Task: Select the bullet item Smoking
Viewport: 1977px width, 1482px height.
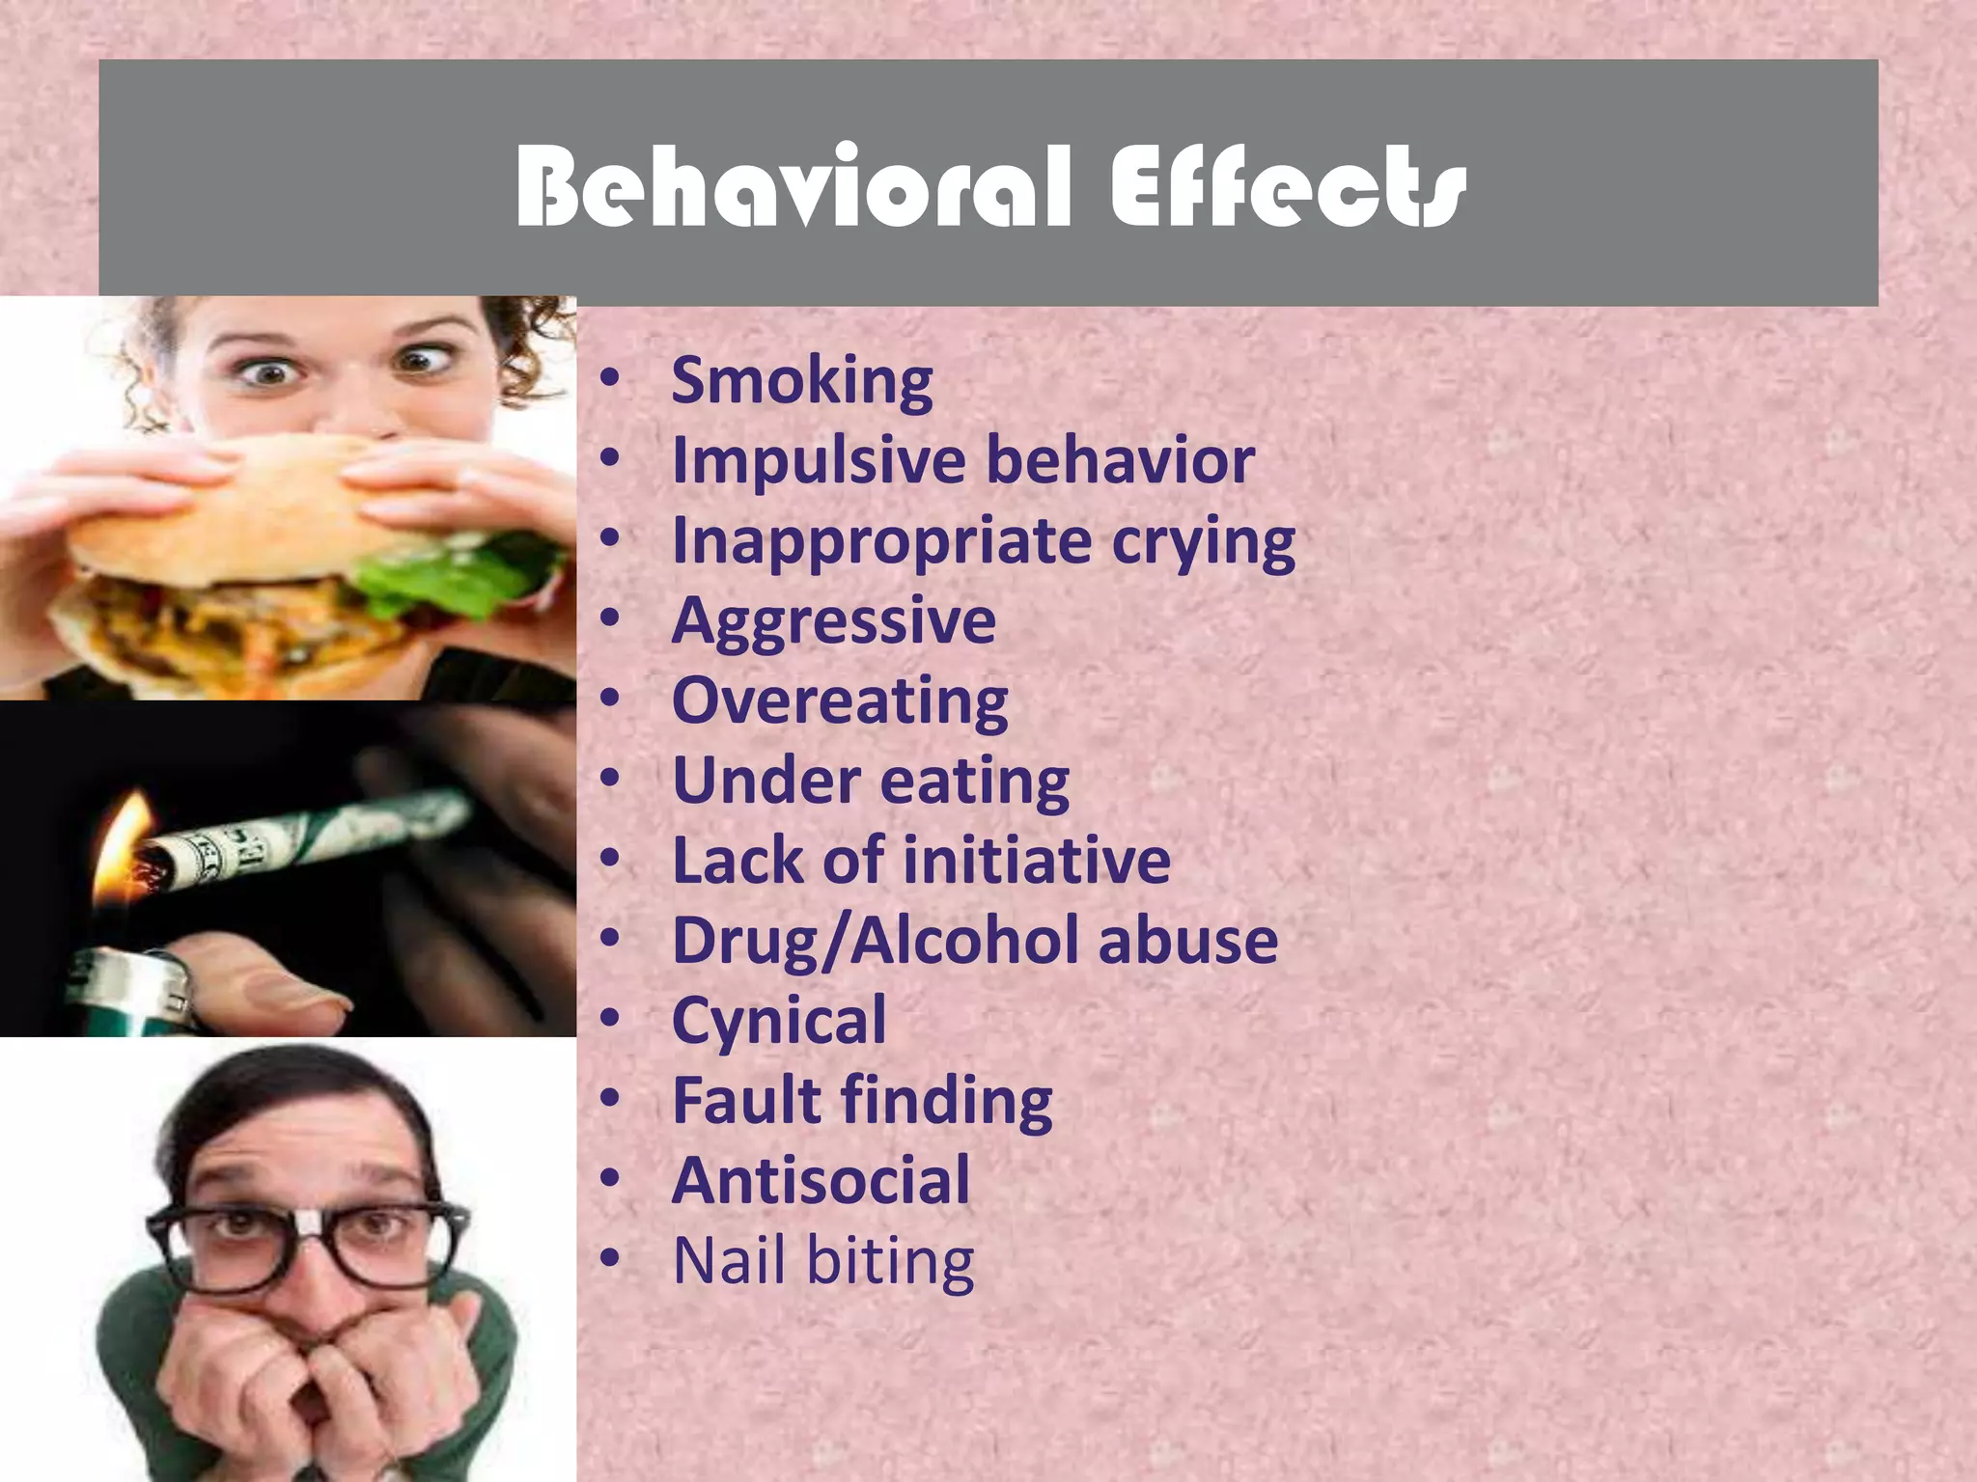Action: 801,380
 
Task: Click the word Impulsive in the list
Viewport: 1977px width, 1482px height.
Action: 817,460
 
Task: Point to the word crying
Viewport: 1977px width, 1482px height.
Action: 1203,541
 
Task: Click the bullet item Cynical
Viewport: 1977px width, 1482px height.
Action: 778,1020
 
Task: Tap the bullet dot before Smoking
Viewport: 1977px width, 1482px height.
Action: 609,379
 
